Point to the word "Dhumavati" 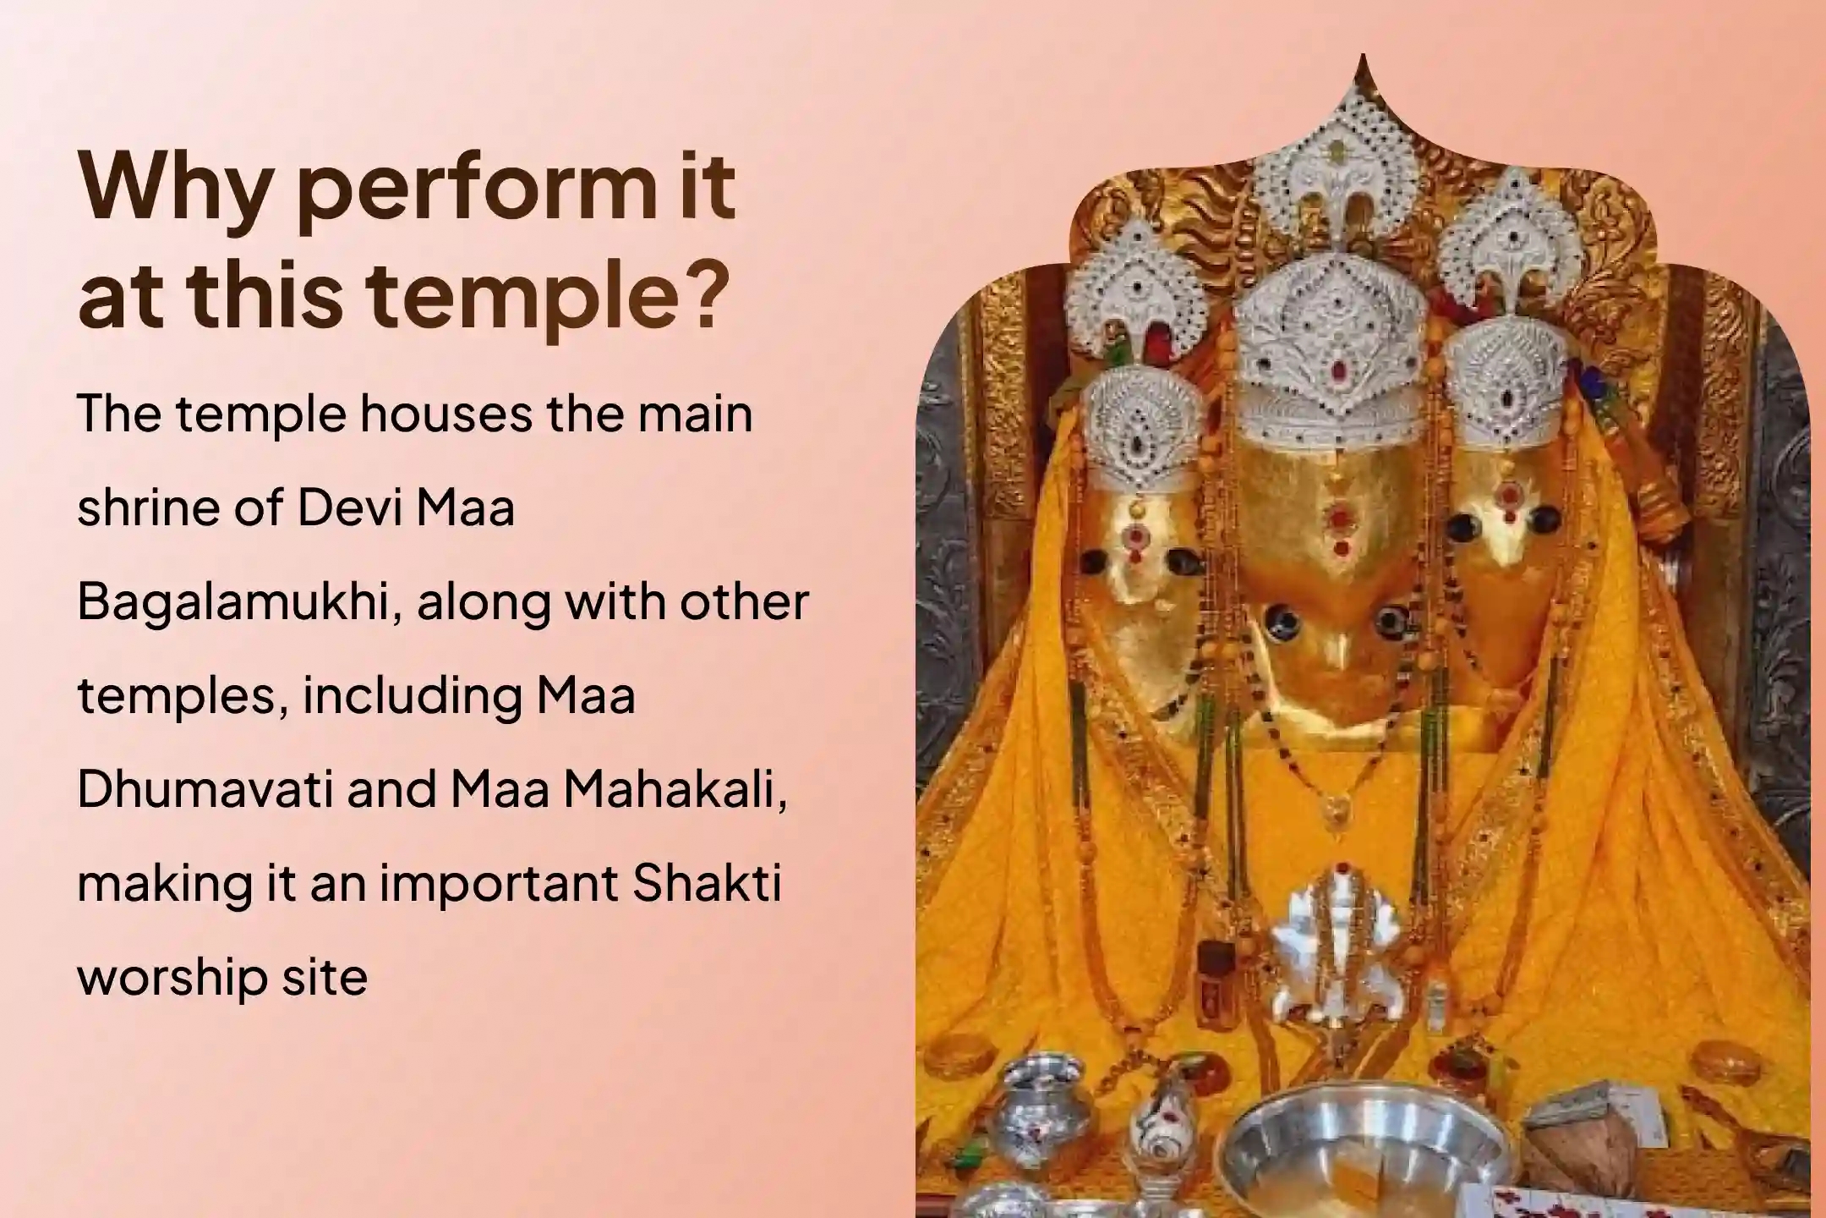[x=204, y=789]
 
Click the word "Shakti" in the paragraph [x=706, y=883]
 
